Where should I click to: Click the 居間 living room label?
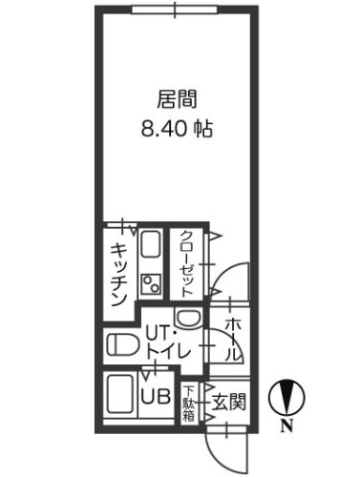click(177, 99)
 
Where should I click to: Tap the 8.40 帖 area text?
click(177, 129)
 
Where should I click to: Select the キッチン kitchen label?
click(119, 275)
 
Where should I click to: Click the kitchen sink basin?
click(150, 245)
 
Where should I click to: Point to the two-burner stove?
click(151, 284)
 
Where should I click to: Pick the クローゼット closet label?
click(186, 263)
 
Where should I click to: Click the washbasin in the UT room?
click(188, 318)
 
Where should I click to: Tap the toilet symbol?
click(122, 345)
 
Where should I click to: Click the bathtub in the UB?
click(121, 395)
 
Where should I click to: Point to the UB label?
click(156, 396)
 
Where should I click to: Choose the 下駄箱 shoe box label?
click(188, 403)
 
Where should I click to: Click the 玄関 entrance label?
click(229, 402)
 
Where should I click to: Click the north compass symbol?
click(286, 397)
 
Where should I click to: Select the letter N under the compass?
click(286, 425)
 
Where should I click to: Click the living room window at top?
click(175, 10)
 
